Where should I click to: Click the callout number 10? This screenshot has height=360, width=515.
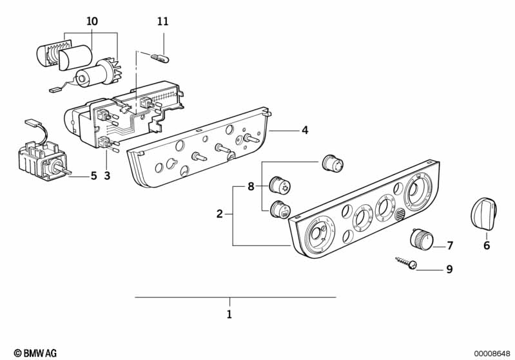[x=92, y=22]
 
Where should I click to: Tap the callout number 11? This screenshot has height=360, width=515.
[x=163, y=22]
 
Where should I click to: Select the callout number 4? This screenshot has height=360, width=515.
[x=305, y=130]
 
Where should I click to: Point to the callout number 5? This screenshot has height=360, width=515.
[x=94, y=176]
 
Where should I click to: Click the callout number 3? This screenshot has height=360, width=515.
[x=107, y=176]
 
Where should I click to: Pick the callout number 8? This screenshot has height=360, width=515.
[x=251, y=187]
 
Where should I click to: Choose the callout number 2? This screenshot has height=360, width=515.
[x=220, y=214]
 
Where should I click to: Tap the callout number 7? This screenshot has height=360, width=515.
[x=450, y=245]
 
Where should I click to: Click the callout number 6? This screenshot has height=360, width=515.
[x=487, y=245]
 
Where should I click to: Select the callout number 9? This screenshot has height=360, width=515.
[x=450, y=269]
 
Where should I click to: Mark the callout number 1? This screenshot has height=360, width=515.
[x=229, y=314]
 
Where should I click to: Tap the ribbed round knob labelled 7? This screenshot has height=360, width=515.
[x=422, y=238]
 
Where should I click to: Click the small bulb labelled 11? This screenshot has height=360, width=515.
[x=160, y=59]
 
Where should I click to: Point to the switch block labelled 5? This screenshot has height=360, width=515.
[x=44, y=161]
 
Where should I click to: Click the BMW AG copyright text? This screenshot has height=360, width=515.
[x=35, y=353]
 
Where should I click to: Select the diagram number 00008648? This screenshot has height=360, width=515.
[x=492, y=354]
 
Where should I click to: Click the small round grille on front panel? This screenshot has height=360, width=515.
[x=400, y=215]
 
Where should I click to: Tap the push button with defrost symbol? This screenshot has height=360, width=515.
[x=280, y=209]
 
